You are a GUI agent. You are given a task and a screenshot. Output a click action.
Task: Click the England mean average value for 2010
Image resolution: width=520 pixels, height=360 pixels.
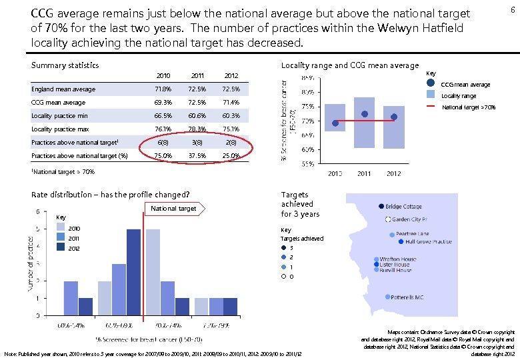click(163, 89)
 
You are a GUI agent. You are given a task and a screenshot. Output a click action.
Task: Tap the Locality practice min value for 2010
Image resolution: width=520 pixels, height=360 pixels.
click(163, 116)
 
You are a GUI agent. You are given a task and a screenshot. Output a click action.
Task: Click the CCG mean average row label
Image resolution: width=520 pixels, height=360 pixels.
click(58, 103)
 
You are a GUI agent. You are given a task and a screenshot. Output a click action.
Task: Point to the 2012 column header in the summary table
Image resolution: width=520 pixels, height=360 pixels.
click(231, 76)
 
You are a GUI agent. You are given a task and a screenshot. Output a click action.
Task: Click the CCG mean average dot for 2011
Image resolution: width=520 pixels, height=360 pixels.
click(364, 114)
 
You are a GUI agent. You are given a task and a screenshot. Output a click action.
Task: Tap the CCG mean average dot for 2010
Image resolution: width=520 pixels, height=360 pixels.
click(335, 123)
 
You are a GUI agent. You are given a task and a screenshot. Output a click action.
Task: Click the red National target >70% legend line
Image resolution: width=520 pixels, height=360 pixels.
click(431, 106)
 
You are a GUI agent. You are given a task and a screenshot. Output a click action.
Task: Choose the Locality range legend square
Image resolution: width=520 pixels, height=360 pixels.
click(431, 95)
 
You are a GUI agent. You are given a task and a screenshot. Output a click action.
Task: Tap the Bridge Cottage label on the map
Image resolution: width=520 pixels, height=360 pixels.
click(403, 207)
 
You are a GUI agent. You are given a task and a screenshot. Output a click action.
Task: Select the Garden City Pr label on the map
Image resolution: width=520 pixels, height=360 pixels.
click(413, 219)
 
